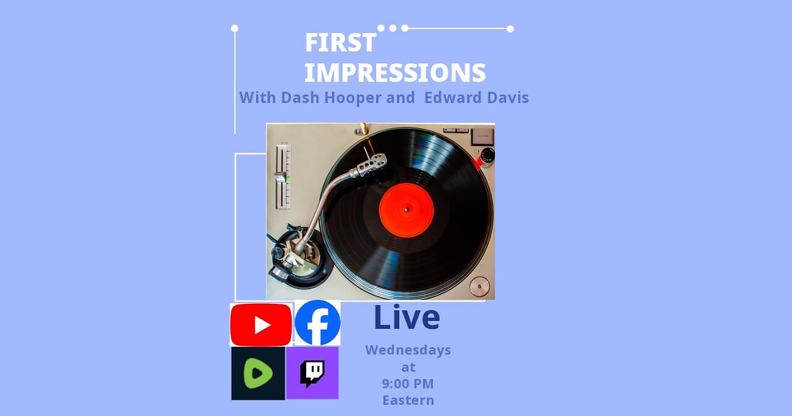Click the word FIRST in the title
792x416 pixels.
340,43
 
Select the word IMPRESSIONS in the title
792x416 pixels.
395,73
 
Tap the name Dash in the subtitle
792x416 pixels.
296,98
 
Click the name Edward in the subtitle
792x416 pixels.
450,98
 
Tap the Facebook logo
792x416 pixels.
317,323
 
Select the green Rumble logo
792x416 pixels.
258,373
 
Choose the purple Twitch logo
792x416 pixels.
312,373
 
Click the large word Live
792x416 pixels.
407,317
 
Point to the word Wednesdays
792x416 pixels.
408,350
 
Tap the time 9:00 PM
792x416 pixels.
408,383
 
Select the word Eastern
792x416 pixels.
408,400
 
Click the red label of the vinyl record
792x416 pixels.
406,210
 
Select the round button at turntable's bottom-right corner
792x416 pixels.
479,286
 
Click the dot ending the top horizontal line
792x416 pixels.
510,28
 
